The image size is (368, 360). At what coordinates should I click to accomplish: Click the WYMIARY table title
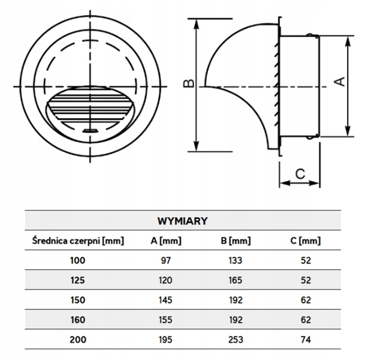tap(183, 220)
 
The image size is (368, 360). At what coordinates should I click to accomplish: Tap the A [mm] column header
tap(166, 241)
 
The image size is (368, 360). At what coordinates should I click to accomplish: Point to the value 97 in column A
tap(166, 260)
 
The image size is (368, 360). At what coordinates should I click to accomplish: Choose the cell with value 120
tap(166, 280)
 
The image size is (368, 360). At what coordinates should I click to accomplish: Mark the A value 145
tap(166, 300)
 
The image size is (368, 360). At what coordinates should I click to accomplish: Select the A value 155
tap(166, 319)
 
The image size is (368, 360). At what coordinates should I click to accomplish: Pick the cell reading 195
tap(166, 339)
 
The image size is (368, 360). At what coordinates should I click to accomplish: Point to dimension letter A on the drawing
tap(339, 82)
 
